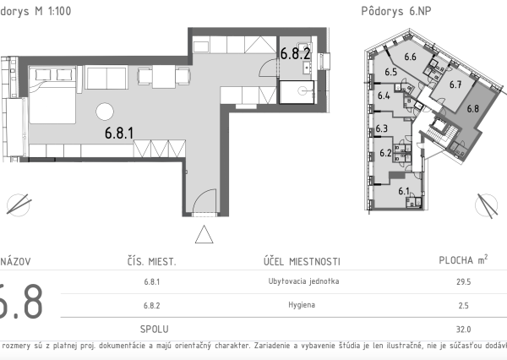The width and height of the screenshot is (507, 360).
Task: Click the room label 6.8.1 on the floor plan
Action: click(x=120, y=132)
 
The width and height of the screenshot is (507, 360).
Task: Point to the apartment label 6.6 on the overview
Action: click(x=412, y=57)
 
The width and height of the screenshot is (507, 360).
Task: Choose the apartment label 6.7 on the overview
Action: click(x=455, y=84)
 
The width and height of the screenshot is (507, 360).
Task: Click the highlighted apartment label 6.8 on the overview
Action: click(x=472, y=107)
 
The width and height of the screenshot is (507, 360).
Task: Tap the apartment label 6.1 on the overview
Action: click(x=403, y=192)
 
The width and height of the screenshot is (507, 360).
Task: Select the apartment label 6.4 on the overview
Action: click(x=384, y=96)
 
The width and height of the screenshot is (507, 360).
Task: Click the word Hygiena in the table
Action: click(x=302, y=305)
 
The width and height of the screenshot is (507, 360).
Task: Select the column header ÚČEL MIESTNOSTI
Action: click(x=302, y=261)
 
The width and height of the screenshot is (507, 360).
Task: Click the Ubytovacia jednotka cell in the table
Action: click(x=302, y=282)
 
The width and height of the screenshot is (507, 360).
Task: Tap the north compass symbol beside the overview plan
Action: click(x=488, y=205)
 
